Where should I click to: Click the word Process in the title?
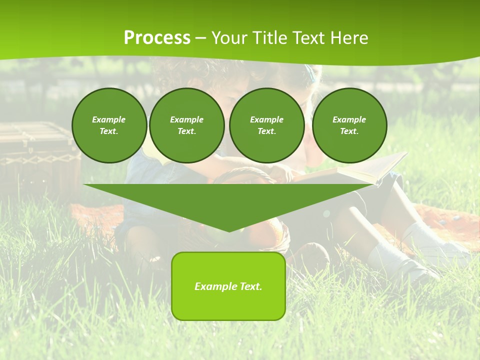tap(157, 38)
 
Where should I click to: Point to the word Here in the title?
tap(349, 38)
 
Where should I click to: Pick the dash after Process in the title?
tap(200, 39)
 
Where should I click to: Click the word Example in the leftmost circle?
tap(109, 119)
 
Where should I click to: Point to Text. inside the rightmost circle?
tap(349, 131)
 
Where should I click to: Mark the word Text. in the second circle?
tap(187, 131)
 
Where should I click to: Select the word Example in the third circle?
tap(267, 119)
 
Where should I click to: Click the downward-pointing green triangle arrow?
tap(229, 200)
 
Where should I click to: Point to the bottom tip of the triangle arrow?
tap(229, 231)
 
